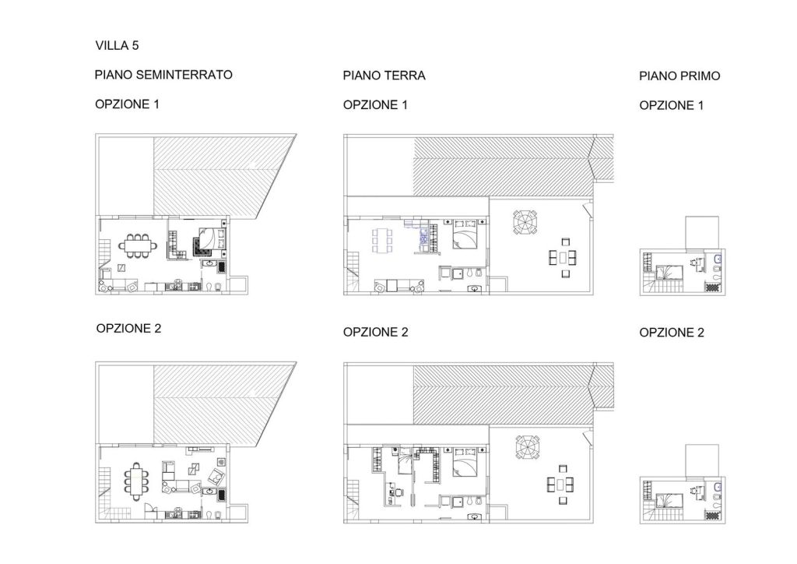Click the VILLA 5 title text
pos(117,45)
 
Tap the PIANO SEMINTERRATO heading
pos(163,75)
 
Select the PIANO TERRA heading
pos(384,76)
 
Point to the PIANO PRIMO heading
pos(679,76)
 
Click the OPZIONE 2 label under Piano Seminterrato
pos(128,329)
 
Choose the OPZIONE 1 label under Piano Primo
pos(672,105)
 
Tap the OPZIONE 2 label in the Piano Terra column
pos(376,332)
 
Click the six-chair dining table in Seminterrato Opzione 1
pos(138,245)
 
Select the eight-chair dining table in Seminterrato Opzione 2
pos(135,481)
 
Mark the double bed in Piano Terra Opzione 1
pos(465,234)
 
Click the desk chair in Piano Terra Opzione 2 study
pos(399,492)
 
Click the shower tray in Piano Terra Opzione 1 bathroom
pos(458,273)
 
